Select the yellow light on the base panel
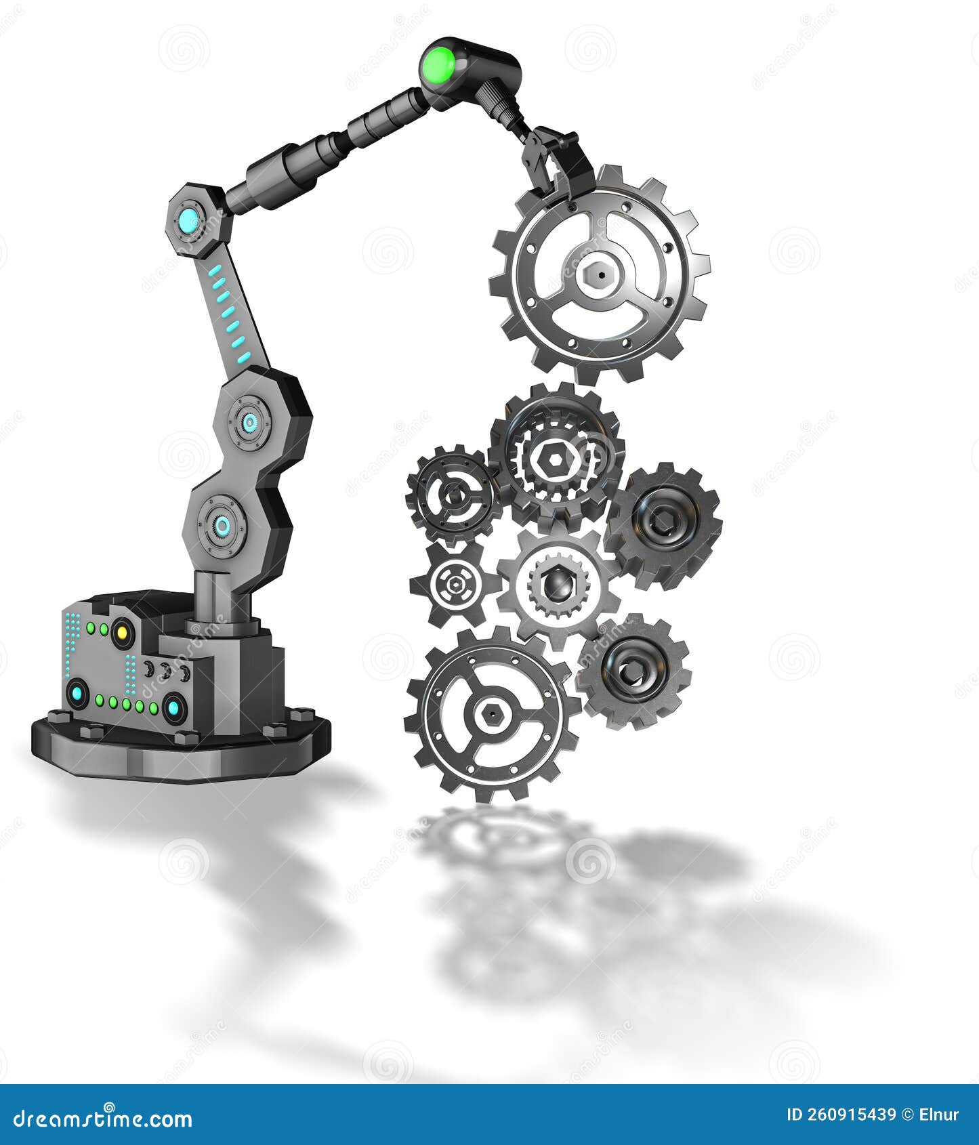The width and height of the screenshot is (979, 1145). pyautogui.click(x=123, y=633)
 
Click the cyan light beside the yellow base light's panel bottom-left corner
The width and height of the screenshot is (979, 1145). pyautogui.click(x=77, y=693)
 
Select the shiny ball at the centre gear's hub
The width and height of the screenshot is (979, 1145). pyautogui.click(x=558, y=584)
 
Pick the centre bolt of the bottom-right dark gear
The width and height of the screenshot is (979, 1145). pyautogui.click(x=632, y=671)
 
